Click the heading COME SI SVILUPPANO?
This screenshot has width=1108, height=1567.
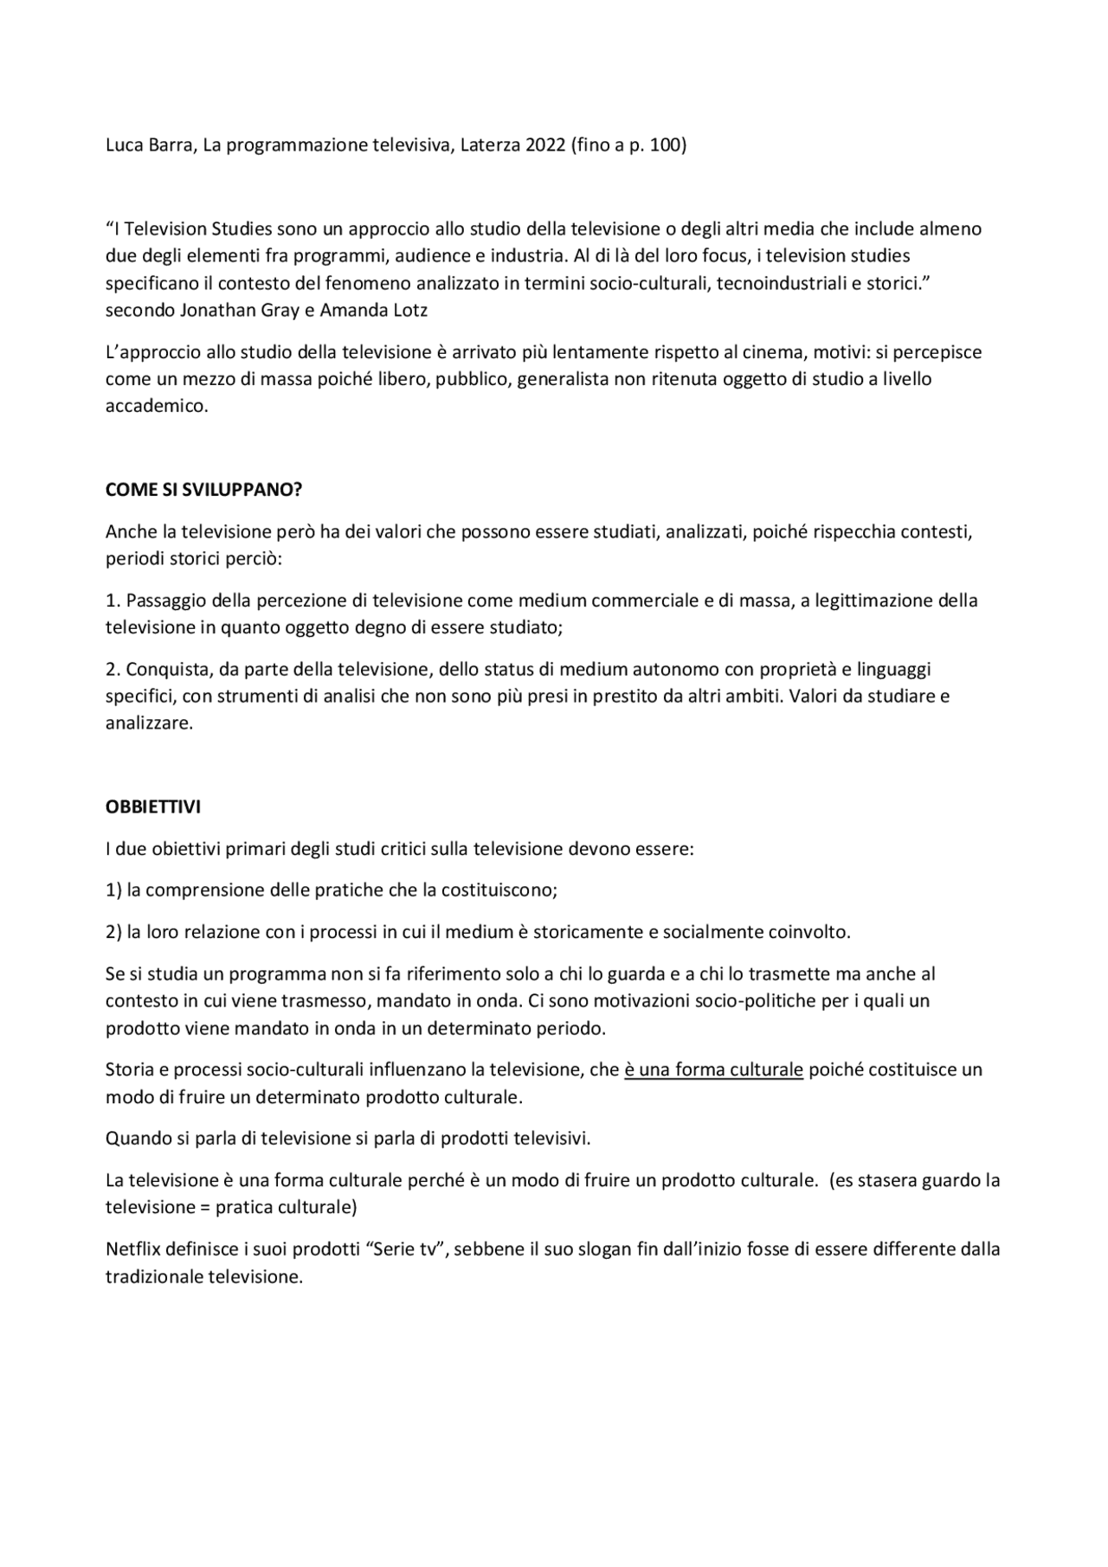pos(203,490)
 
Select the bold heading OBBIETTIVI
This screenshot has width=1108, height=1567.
pos(153,806)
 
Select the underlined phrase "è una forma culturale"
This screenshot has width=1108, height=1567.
pos(713,1069)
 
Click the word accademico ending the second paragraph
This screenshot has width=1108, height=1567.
pos(156,406)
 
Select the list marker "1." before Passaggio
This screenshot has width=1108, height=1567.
pos(113,600)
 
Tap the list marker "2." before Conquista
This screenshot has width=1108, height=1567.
pos(113,670)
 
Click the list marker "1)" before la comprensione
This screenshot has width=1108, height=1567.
pos(113,889)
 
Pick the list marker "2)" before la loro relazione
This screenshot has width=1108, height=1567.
pos(113,932)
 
